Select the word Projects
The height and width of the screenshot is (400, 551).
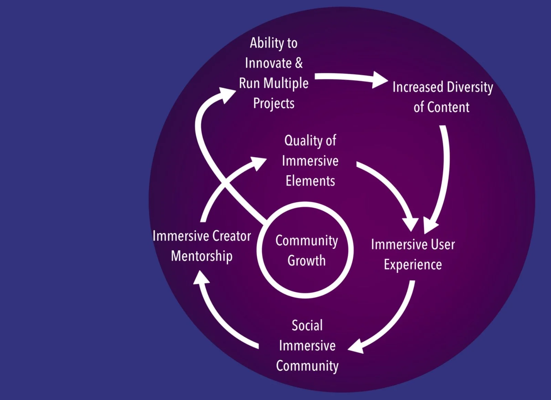(x=274, y=104)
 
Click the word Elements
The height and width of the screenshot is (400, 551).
(x=310, y=181)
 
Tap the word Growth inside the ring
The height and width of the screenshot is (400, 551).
(x=306, y=261)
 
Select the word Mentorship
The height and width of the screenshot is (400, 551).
(x=202, y=256)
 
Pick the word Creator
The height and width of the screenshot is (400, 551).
(x=231, y=236)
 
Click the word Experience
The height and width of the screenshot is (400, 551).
(x=413, y=265)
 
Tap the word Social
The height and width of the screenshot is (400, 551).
(x=307, y=325)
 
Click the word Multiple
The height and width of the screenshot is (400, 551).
(x=286, y=84)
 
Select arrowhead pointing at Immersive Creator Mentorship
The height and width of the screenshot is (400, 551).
(x=201, y=277)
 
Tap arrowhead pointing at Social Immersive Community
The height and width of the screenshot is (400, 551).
(x=357, y=346)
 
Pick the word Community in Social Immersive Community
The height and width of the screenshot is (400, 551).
(x=307, y=366)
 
